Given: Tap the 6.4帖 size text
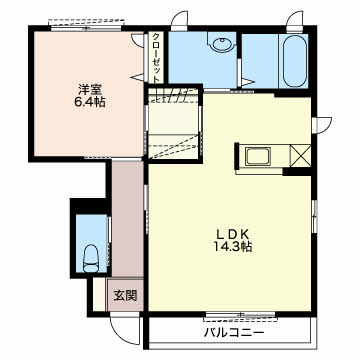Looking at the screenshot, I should [88, 101].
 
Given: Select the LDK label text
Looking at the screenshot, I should [229, 231].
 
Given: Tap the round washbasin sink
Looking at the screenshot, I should [220, 46].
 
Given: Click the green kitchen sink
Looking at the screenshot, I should [255, 155].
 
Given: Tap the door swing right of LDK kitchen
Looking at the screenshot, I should [322, 125].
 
